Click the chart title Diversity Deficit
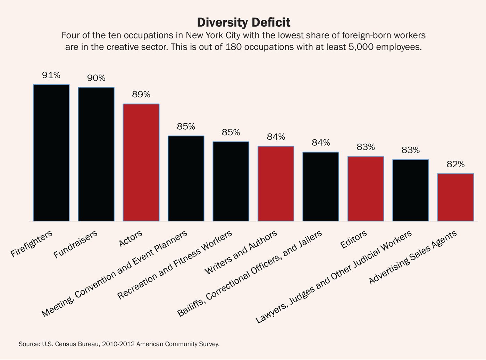click(x=243, y=23)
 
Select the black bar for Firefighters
click(x=51, y=153)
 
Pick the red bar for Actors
click(x=141, y=162)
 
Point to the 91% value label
click(x=51, y=75)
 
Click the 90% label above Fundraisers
click(x=96, y=78)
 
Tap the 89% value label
click(x=141, y=95)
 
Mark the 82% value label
click(x=455, y=164)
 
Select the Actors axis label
click(x=131, y=239)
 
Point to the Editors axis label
click(x=353, y=240)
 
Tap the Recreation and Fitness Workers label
click(x=175, y=265)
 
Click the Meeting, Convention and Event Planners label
click(x=115, y=274)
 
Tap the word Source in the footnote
click(x=29, y=344)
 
